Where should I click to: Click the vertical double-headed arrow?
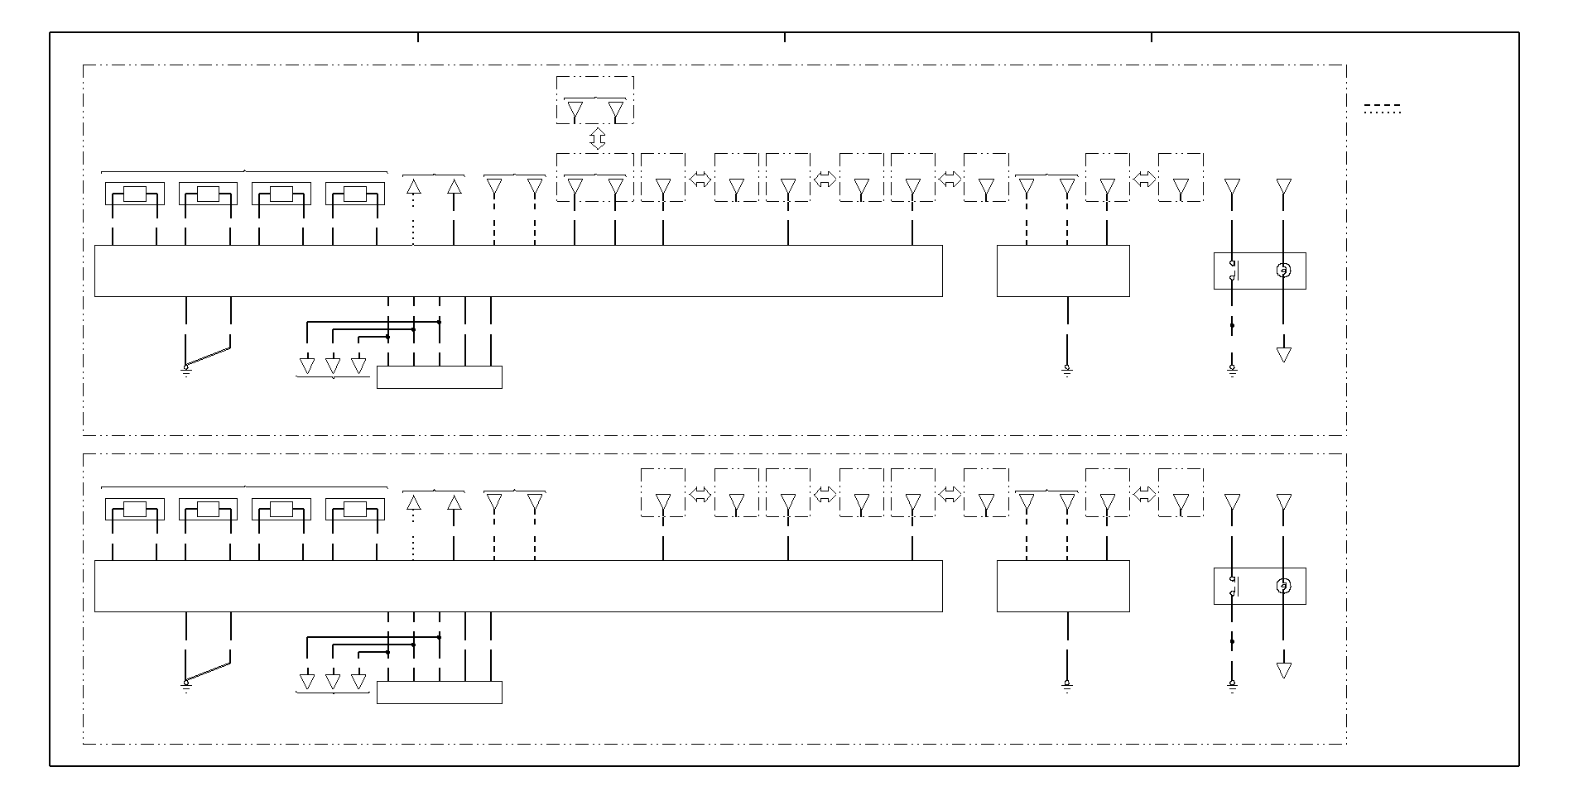597,138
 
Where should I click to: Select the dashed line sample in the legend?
1382,106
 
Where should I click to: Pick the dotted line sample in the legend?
1382,113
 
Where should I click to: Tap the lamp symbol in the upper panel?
1283,271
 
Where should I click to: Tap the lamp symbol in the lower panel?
1283,586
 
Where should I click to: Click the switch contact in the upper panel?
1233,271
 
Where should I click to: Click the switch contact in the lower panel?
1233,586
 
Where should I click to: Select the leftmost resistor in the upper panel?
135,194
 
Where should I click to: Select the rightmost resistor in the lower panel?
355,509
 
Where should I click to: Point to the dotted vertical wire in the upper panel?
413,220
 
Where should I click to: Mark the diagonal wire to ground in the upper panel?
208,356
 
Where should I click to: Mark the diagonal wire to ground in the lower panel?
208,671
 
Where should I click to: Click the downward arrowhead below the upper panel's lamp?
1283,354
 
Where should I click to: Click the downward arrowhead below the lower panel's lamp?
1283,669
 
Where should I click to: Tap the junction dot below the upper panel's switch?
1232,325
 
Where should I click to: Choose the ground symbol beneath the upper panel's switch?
1232,371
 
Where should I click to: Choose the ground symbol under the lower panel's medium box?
1067,686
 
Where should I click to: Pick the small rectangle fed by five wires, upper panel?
439,377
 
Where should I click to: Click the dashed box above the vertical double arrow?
595,100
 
